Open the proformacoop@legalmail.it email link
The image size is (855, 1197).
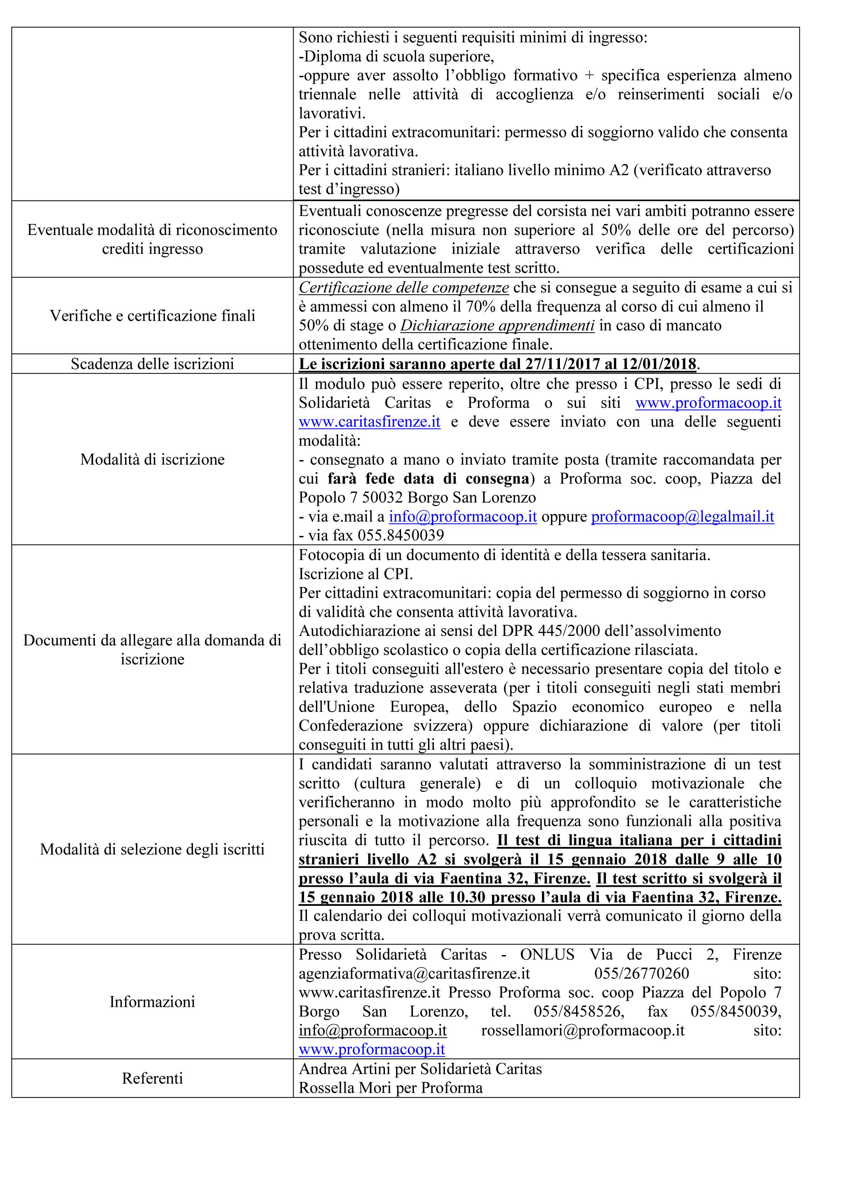click(x=682, y=517)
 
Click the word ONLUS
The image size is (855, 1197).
click(x=547, y=955)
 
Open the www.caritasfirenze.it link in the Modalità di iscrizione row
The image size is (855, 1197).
click(x=369, y=422)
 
